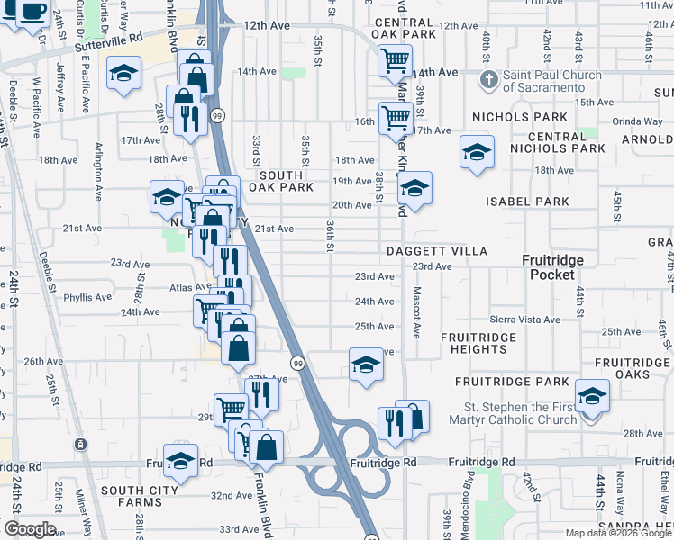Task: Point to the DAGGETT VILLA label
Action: [437, 251]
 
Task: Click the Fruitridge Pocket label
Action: [553, 266]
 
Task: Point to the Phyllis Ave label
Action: [87, 297]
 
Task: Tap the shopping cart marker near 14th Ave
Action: [395, 61]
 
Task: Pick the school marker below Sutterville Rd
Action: [124, 74]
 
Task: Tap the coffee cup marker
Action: [33, 11]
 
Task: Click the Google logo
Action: [29, 529]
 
